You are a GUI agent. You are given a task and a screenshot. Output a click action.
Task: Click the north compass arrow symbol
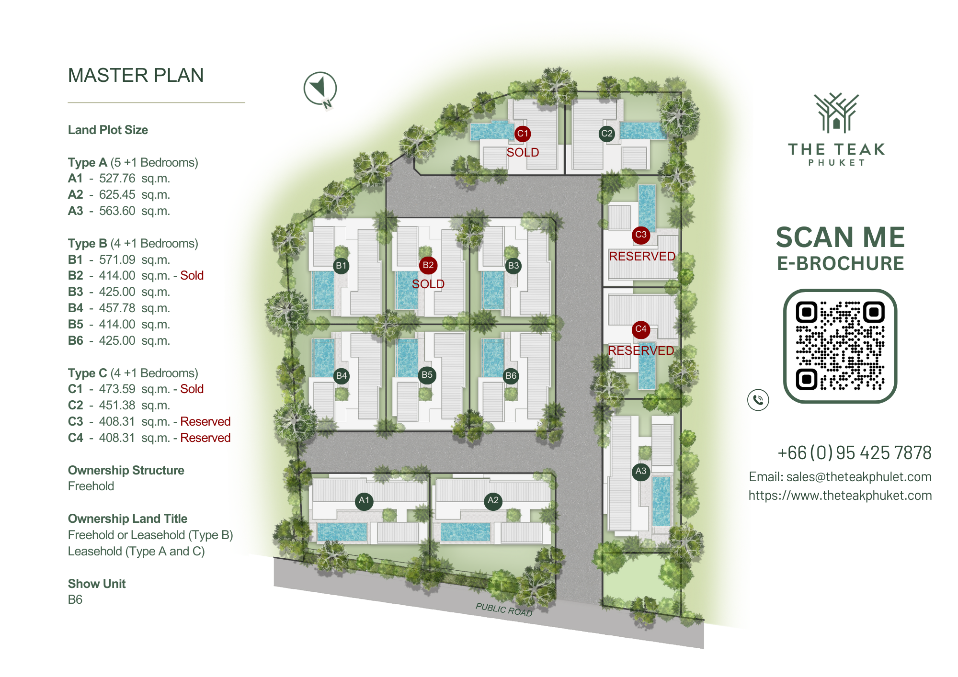[320, 89]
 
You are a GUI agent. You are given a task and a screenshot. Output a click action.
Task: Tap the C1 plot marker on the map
[523, 134]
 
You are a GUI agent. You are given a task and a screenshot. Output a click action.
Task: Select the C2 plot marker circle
[607, 134]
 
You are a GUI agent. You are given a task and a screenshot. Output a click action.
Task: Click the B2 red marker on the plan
[428, 265]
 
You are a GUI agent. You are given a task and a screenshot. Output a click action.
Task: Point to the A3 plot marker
[641, 471]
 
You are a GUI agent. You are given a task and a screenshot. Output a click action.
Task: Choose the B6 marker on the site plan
[511, 376]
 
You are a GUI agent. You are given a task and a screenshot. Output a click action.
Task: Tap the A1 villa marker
[364, 501]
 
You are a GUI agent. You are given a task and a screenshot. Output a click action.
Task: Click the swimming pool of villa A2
[465, 532]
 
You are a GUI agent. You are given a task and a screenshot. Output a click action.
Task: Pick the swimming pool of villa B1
[323, 290]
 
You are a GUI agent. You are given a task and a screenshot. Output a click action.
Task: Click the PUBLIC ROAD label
[504, 609]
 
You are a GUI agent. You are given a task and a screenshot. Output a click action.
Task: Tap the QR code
[840, 346]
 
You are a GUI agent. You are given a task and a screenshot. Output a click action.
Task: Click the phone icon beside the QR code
[758, 400]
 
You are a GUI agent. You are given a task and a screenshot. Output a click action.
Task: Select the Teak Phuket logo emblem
[836, 113]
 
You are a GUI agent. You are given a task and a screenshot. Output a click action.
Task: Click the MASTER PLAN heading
[136, 75]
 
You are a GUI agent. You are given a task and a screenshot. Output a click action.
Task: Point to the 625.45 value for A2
[117, 195]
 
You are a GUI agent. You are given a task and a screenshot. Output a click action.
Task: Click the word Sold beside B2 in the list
[192, 276]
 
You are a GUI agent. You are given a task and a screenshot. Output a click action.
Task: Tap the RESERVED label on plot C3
[642, 257]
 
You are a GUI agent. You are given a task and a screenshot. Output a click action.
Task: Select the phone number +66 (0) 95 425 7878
[855, 452]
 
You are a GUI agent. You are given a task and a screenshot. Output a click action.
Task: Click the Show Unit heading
[97, 584]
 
